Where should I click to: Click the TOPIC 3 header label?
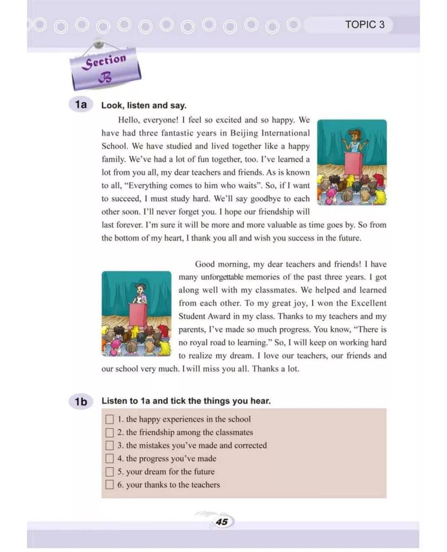(x=365, y=24)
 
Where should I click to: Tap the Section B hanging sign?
(x=105, y=69)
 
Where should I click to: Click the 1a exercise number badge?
(x=81, y=104)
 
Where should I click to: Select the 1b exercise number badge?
(x=81, y=401)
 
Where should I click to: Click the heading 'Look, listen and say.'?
(x=144, y=106)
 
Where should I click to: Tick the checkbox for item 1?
(x=109, y=419)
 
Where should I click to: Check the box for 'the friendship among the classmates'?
(x=109, y=432)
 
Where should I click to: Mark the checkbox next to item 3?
(x=109, y=446)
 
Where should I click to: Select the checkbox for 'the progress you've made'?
(x=109, y=458)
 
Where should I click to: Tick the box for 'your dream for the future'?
(x=109, y=472)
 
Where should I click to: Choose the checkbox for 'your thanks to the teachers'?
(x=109, y=485)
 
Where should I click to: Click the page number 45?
(x=222, y=521)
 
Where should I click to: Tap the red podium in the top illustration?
(x=353, y=164)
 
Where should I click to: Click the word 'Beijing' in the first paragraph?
(x=244, y=133)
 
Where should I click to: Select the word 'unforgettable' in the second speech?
(x=222, y=277)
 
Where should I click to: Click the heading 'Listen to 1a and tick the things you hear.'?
(x=186, y=401)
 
